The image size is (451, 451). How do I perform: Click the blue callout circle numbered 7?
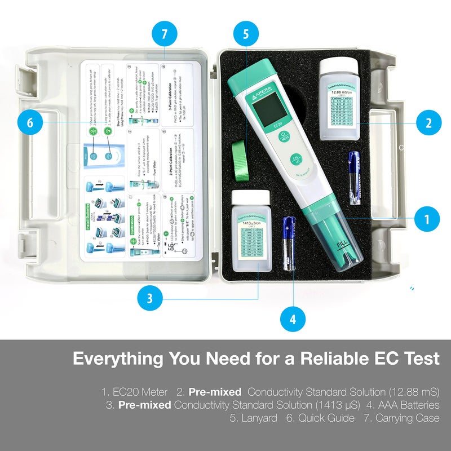click(164, 34)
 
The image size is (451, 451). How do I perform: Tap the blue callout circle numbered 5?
click(246, 34)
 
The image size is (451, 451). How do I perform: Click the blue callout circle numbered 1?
click(427, 217)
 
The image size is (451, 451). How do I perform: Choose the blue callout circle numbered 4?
click(293, 320)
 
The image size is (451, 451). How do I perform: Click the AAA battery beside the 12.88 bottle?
click(354, 177)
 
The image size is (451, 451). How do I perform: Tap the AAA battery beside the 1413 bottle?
click(290, 243)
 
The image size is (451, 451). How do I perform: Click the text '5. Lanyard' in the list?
click(253, 418)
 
